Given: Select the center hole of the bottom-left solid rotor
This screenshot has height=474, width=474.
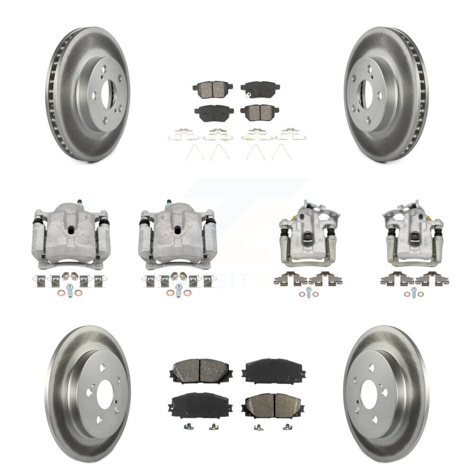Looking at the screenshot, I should tap(105, 393).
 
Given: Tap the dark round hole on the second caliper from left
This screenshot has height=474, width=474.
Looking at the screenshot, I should tap(177, 230).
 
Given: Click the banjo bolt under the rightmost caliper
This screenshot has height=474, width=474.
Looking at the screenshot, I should tap(414, 291).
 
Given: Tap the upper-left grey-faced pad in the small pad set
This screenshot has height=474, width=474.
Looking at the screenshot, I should tap(210, 88).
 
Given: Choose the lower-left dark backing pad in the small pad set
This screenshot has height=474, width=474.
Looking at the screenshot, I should tap(210, 113).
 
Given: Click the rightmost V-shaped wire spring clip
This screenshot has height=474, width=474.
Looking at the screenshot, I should tap(280, 152).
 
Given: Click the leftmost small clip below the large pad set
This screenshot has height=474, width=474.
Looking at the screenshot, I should tap(187, 427).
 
